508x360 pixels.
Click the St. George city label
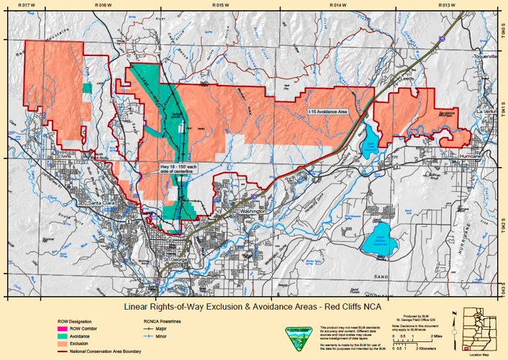pos(175,259)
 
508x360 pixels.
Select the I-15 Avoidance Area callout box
pos(327,112)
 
